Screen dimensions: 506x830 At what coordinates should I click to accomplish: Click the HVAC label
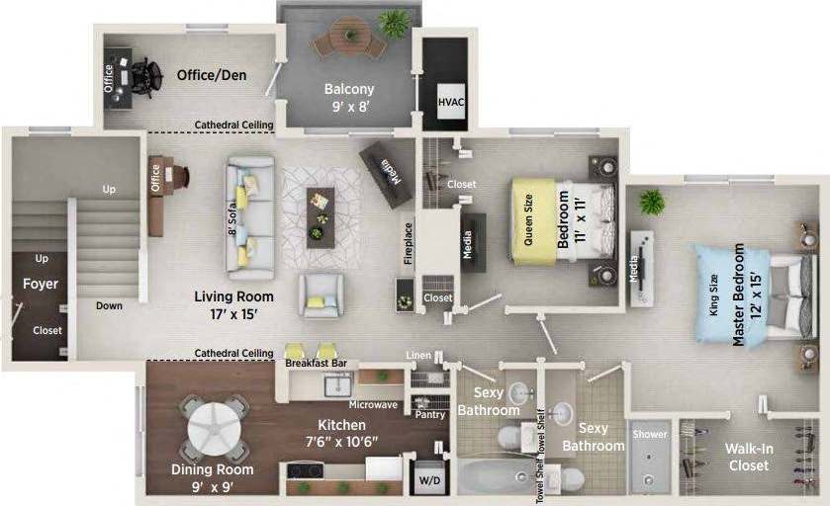[x=451, y=101]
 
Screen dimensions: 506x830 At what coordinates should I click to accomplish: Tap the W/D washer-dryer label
[x=428, y=480]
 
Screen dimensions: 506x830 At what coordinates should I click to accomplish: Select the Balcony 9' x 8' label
[x=349, y=97]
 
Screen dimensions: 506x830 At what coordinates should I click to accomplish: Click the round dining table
[x=215, y=425]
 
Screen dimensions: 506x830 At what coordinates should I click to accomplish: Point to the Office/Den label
[x=212, y=75]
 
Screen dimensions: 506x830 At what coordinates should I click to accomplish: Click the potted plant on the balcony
[x=394, y=22]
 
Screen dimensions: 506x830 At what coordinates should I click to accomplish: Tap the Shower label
[x=650, y=434]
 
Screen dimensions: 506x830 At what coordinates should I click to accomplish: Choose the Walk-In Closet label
[x=748, y=457]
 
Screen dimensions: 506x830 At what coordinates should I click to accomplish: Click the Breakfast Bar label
[x=315, y=364]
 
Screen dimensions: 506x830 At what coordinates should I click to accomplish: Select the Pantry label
[x=429, y=415]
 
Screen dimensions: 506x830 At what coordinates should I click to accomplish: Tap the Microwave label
[x=373, y=404]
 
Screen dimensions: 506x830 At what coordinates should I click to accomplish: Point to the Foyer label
[x=41, y=284]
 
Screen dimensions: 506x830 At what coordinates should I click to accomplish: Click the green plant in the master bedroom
[x=651, y=202]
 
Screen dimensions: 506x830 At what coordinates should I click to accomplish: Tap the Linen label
[x=418, y=355]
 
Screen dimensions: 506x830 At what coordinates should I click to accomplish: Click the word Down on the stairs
[x=109, y=305]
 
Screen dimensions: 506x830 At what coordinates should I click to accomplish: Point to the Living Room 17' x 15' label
[x=233, y=305]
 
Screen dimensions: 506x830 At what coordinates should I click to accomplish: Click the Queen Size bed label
[x=527, y=220]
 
